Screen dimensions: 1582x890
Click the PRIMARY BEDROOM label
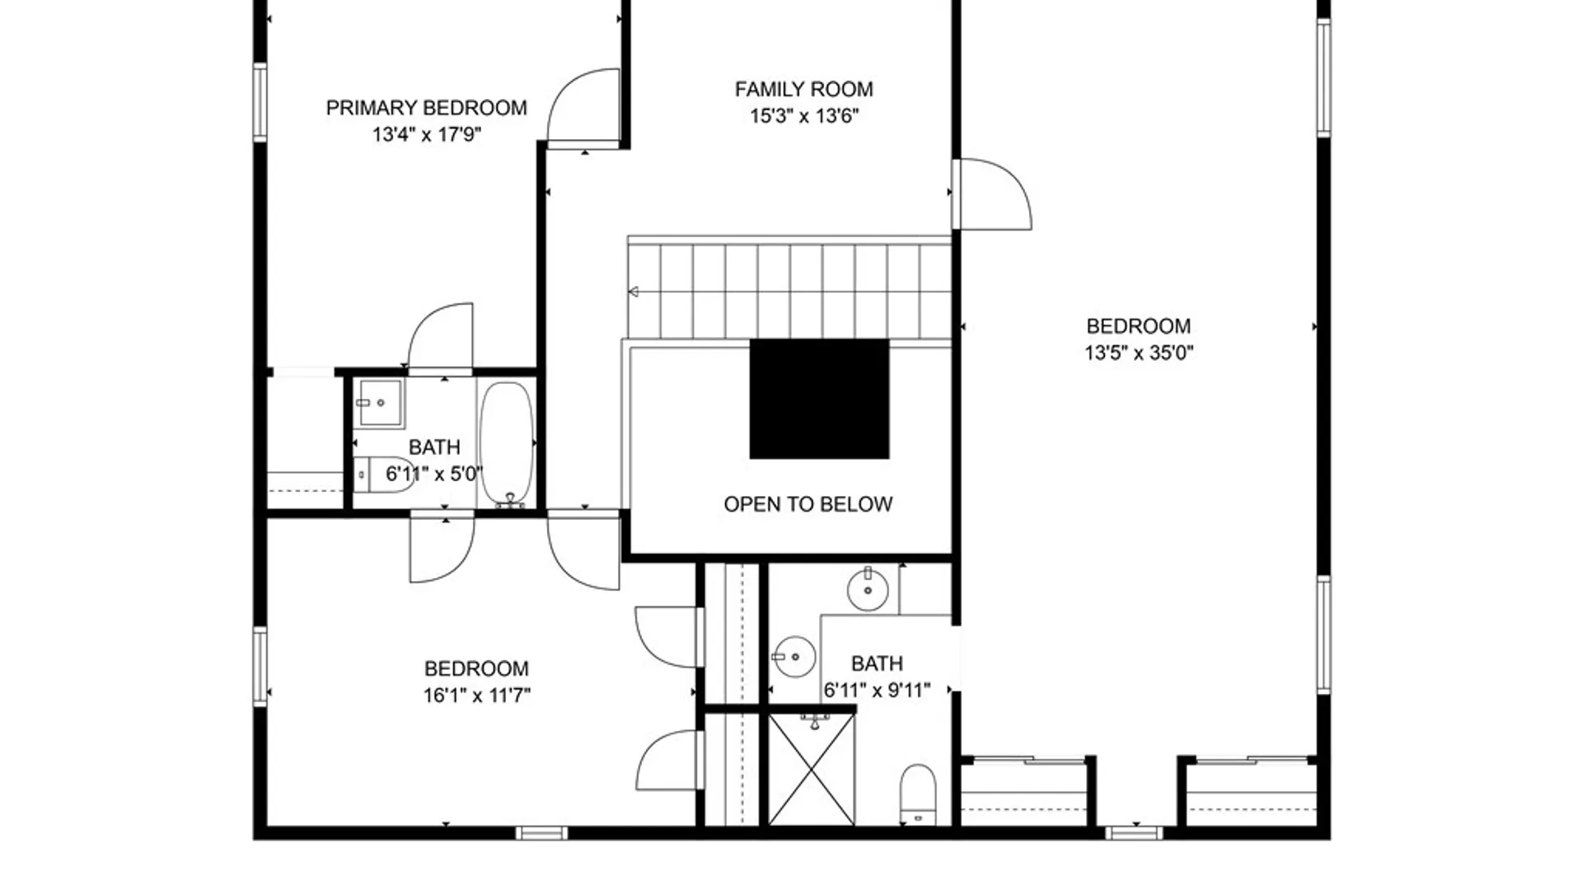pos(426,108)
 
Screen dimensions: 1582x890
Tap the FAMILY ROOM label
pos(803,89)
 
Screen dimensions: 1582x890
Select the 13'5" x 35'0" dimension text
pos(1139,353)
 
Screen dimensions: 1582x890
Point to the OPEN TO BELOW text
pos(807,504)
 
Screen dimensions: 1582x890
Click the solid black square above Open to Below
pos(819,399)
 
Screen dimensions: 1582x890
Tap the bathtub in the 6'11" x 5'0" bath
pos(507,443)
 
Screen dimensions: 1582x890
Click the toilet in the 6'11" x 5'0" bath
pos(384,475)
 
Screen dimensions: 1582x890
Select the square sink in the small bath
pos(379,403)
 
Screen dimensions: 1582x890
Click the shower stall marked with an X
pos(812,770)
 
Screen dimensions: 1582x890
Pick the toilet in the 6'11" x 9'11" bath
pos(918,794)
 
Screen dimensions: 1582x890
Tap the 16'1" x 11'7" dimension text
pos(476,696)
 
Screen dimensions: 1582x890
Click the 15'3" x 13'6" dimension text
pos(803,116)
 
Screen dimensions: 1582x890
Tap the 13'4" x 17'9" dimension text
pos(426,134)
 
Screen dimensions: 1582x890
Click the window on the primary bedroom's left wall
pos(260,102)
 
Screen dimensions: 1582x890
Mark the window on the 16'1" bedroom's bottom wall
pos(541,833)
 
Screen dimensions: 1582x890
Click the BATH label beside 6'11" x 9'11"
pos(877,663)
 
